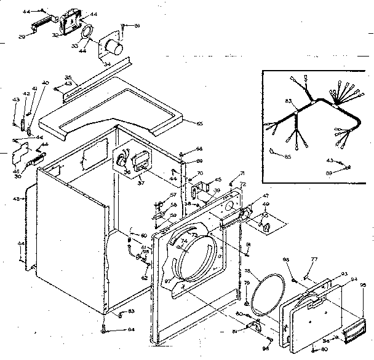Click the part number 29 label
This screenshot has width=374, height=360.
pos(21,37)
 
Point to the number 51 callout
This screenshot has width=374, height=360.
pos(137,25)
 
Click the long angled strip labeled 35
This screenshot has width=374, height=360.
pos(95,74)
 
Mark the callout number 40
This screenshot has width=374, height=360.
pos(45,83)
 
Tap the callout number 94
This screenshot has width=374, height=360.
pos(353,278)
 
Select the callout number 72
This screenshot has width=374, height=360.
pos(243,184)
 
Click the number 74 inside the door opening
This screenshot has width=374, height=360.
pos(183,242)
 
